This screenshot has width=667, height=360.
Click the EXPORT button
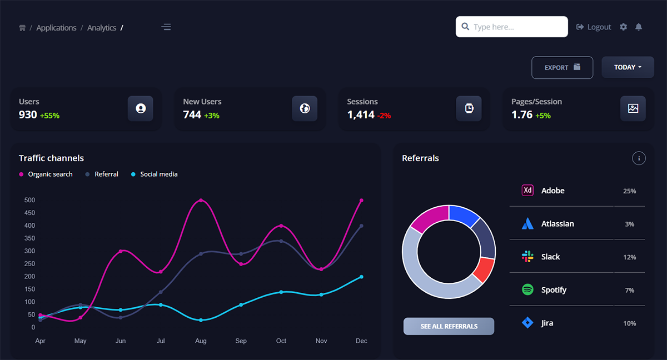[562, 67]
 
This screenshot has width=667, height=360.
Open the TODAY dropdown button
[628, 67]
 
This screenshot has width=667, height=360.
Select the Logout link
[594, 27]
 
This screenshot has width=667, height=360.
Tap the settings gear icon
[623, 27]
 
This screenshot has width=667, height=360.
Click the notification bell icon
[639, 27]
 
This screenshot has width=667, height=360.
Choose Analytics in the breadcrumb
[102, 28]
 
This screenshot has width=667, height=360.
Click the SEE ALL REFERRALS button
[449, 326]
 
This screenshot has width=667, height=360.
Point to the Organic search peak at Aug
[201, 200]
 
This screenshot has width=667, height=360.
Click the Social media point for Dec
[361, 277]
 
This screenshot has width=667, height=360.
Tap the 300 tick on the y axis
[29, 251]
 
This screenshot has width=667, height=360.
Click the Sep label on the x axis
[241, 341]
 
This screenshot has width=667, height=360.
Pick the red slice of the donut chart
[484, 269]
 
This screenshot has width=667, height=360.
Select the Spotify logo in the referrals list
[527, 289]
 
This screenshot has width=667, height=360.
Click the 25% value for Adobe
[629, 191]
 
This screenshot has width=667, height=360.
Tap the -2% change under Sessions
[384, 116]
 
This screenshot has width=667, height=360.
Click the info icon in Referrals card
[639, 158]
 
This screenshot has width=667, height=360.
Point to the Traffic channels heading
[51, 158]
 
